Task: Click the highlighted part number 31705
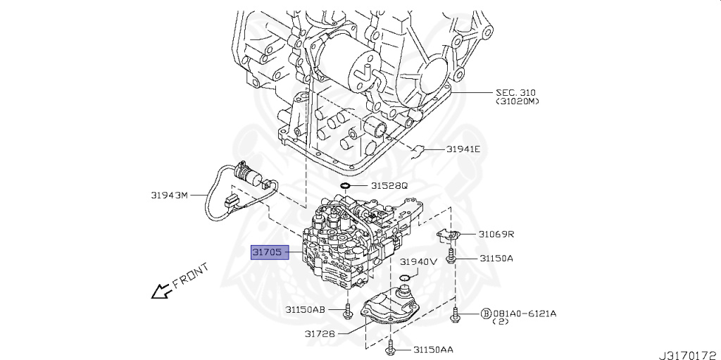point(271,252)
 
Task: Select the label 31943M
point(169,195)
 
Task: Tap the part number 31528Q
point(389,186)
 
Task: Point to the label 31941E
point(462,149)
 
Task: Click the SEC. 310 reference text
point(517,93)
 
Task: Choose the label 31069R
point(496,234)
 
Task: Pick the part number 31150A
point(496,259)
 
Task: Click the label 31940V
point(419,261)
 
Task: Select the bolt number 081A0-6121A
point(523,313)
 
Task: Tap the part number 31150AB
point(305,309)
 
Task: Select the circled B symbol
point(485,313)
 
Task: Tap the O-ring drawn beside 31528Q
point(345,186)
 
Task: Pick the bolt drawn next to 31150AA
point(390,347)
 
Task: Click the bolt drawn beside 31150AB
point(348,310)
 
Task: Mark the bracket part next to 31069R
point(449,235)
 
